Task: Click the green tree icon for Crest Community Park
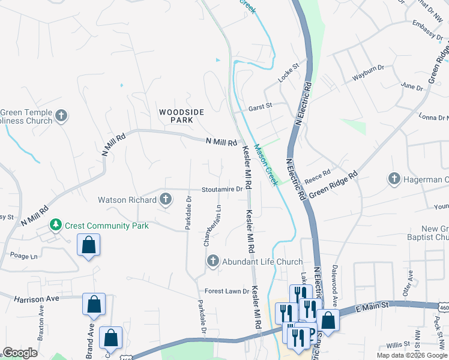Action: pyautogui.click(x=56, y=225)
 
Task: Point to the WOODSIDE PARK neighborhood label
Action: pyautogui.click(x=181, y=116)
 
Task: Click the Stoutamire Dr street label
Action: pyautogui.click(x=221, y=189)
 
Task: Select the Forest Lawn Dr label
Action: pyautogui.click(x=226, y=291)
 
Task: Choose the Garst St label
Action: pyautogui.click(x=261, y=106)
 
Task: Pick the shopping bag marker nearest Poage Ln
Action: pyautogui.click(x=88, y=245)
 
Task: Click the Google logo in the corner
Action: pyautogui.click(x=20, y=353)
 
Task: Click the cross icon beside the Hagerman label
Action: pyautogui.click(x=394, y=179)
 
